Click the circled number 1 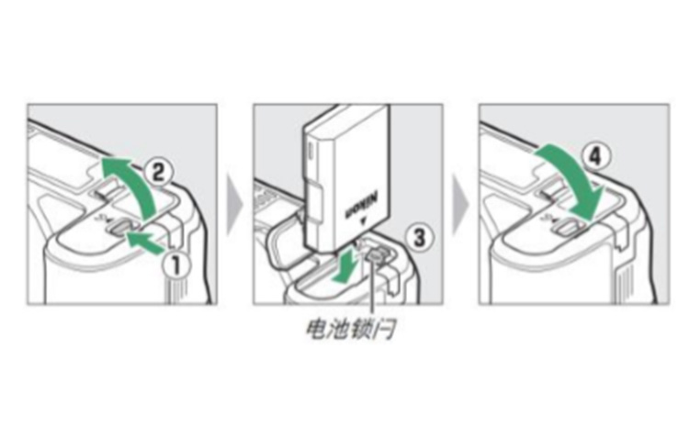(x=175, y=265)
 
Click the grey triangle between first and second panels (x=236, y=203)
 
